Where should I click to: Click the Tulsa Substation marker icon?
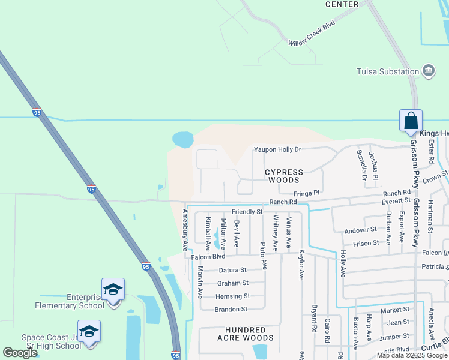429,71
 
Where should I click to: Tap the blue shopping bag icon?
411,120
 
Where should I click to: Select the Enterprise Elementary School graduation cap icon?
113,289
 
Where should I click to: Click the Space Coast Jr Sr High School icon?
89,331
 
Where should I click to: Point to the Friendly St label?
247,212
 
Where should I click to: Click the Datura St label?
232,270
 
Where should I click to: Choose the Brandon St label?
231,309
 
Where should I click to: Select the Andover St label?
360,230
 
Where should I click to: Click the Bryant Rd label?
314,319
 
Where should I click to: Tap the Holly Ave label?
343,263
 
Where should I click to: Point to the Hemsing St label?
233,296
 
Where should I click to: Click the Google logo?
20,353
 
